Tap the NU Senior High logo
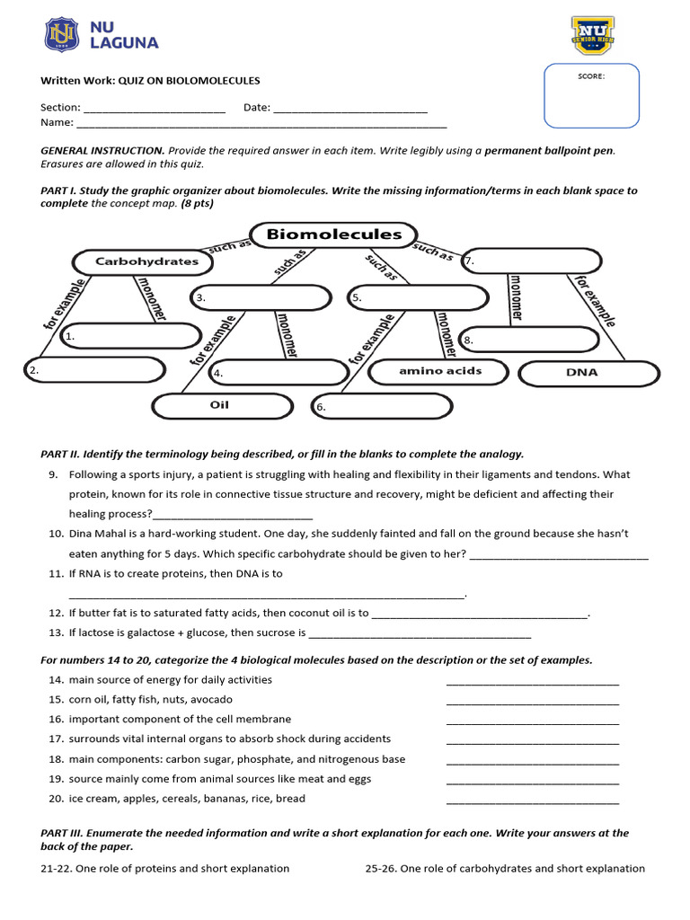pos(593,35)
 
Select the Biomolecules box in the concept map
pos(333,234)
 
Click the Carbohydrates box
pos(146,261)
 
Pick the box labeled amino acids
pos(439,370)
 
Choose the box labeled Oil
pos(219,405)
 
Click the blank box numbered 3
pos(258,296)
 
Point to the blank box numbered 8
pos(529,340)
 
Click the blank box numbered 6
pos(379,406)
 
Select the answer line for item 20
pos(532,801)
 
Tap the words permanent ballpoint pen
pos(549,151)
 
